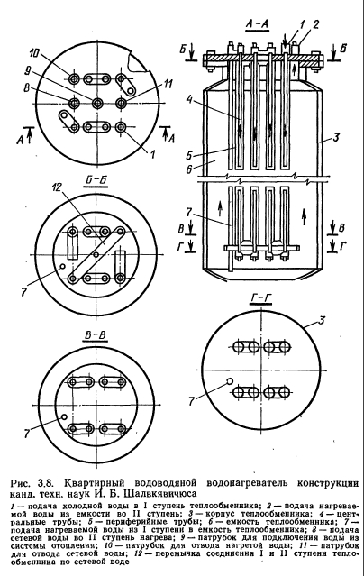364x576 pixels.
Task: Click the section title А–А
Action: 257,24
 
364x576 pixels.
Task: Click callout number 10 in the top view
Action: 34,53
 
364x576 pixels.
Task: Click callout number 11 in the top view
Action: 167,84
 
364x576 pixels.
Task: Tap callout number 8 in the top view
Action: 27,87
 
